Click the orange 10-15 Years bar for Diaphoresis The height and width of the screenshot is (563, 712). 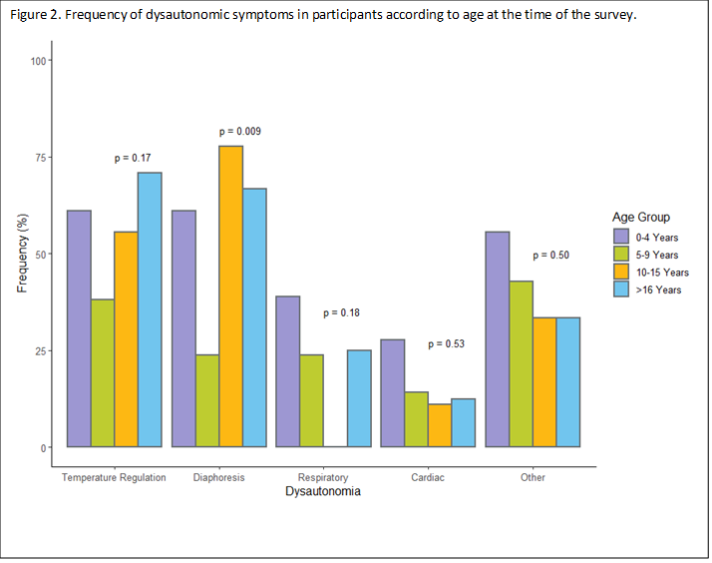230,296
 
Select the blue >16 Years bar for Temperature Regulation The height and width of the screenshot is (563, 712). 150,309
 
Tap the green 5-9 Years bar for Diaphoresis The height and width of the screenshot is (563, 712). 207,400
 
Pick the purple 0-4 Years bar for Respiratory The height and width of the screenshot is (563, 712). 288,371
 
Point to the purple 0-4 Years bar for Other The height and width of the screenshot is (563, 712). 497,339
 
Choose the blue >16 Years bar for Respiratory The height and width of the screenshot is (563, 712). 359,398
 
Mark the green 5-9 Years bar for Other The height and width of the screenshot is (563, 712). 521,364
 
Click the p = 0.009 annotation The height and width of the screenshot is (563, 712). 240,132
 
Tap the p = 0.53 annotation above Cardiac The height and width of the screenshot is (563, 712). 447,344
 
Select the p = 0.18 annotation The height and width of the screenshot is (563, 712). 342,313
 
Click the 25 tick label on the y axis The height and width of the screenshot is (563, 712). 40,351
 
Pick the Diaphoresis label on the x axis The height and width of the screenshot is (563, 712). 219,478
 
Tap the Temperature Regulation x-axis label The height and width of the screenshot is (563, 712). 114,478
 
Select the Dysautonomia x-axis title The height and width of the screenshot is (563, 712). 322,492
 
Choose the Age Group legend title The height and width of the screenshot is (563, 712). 641,217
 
